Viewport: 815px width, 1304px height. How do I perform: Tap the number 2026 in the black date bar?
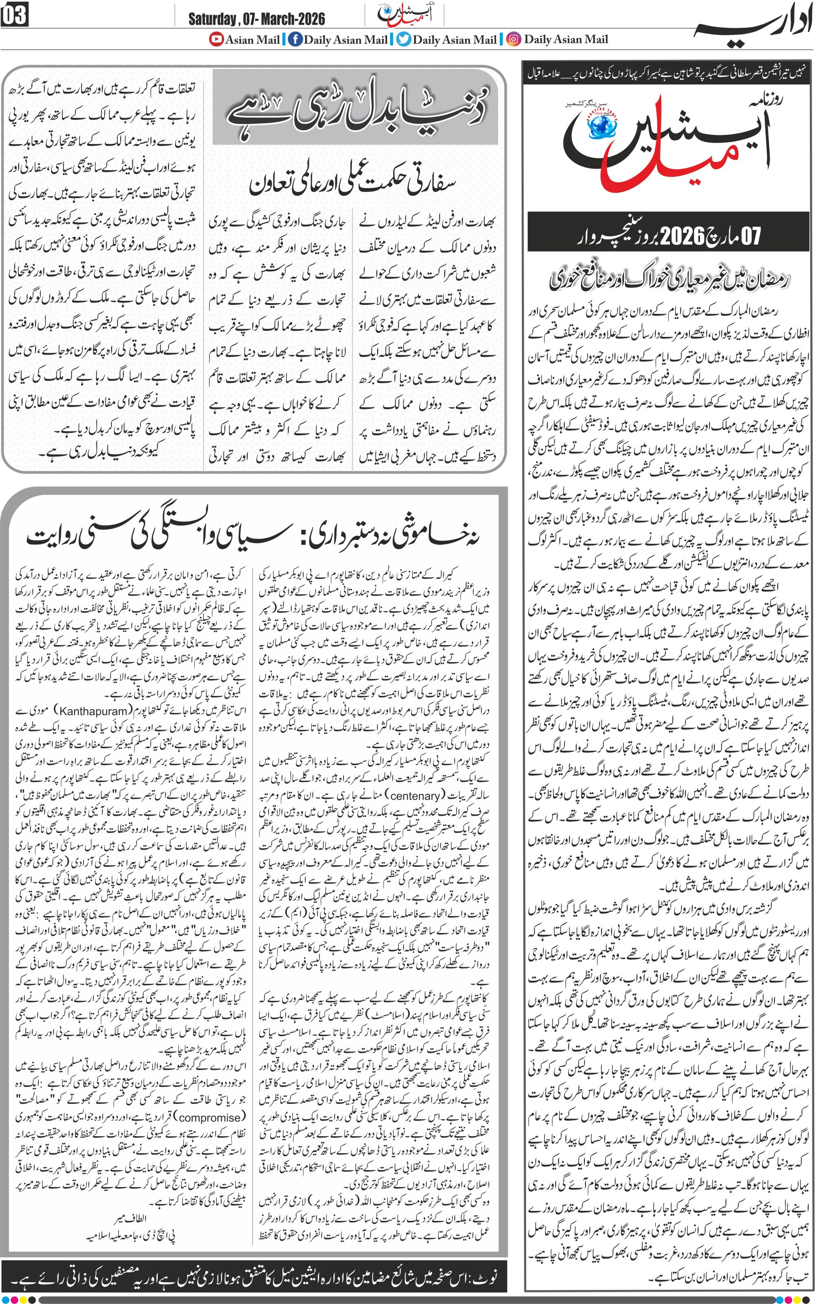click(683, 235)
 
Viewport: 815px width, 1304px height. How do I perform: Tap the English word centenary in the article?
click(415, 795)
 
